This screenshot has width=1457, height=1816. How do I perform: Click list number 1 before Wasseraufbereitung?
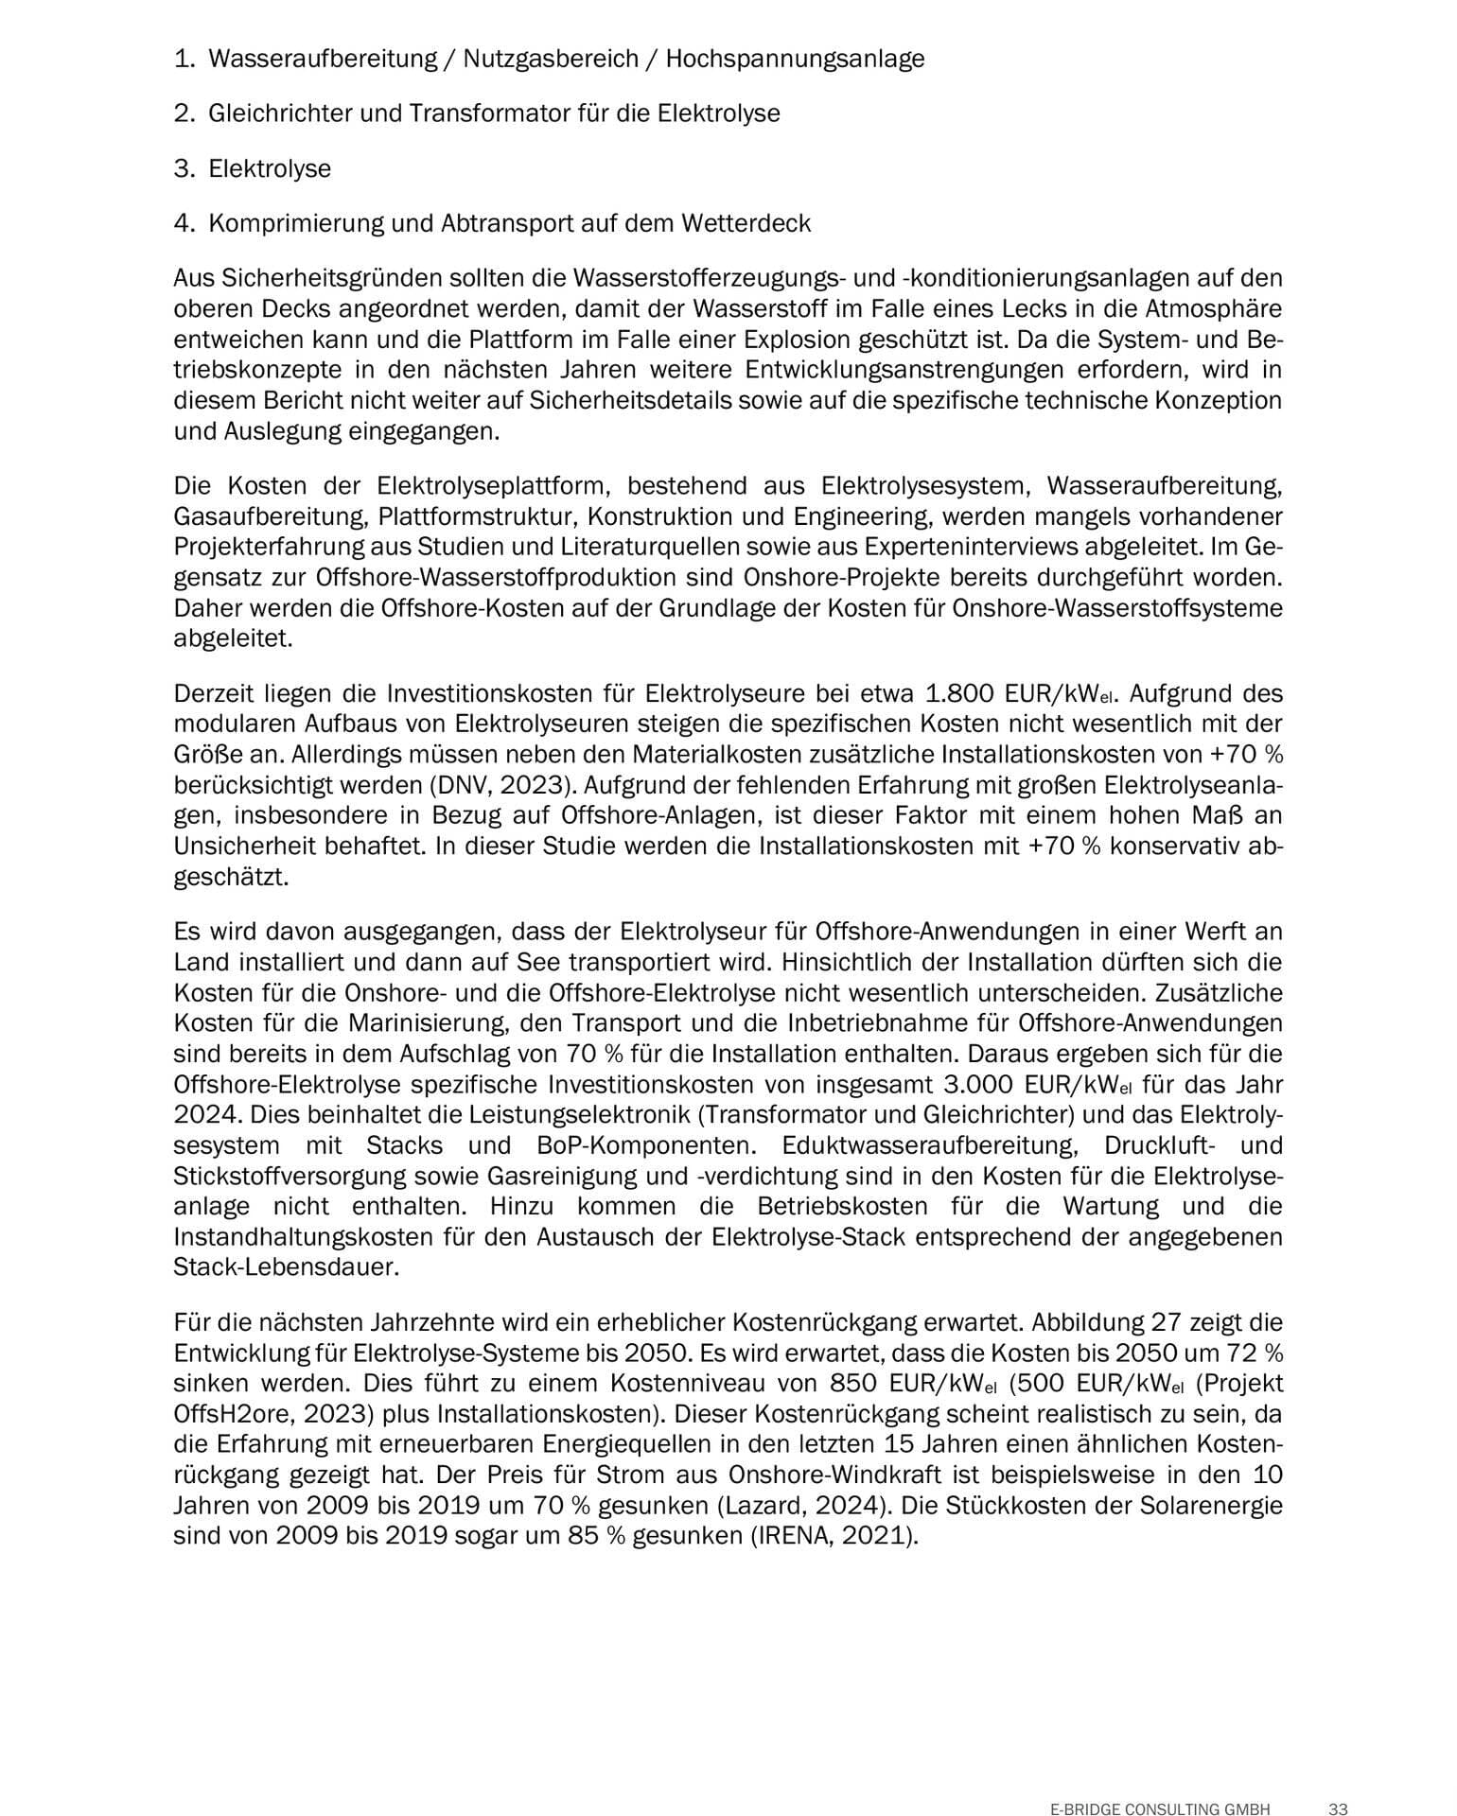[x=183, y=59]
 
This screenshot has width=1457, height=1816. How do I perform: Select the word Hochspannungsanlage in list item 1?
[x=795, y=59]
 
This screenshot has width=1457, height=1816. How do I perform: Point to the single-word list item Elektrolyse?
[x=270, y=169]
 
